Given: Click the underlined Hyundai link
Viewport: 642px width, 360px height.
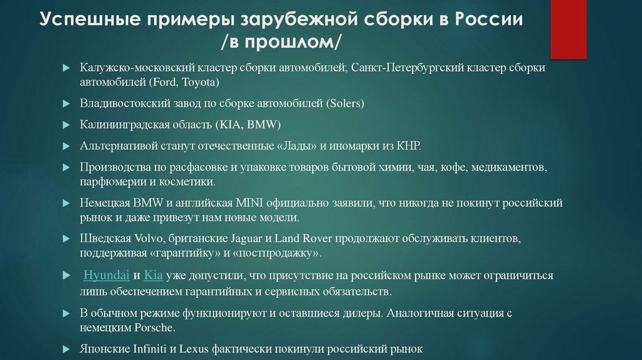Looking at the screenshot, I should tap(107, 275).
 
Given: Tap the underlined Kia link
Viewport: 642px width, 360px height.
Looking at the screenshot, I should tap(153, 275).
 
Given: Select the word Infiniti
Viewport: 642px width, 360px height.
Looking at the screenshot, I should tap(154, 349).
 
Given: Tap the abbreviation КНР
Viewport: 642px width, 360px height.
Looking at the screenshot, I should tap(408, 146).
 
